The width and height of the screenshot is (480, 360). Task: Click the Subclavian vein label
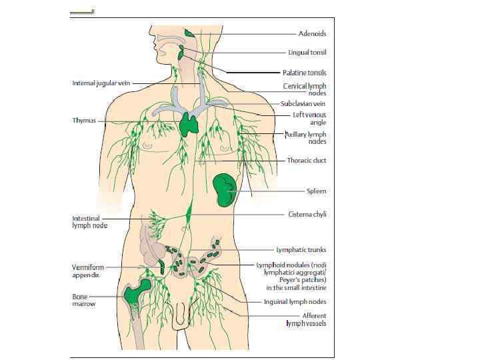click(x=303, y=103)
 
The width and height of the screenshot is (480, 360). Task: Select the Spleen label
click(x=316, y=191)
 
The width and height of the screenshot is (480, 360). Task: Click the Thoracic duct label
click(x=306, y=161)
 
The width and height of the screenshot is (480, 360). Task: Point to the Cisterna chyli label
click(x=307, y=215)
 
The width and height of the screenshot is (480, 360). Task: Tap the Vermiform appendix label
click(x=87, y=271)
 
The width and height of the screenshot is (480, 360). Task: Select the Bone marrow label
click(x=84, y=300)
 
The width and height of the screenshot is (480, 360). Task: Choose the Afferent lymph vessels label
click(x=305, y=320)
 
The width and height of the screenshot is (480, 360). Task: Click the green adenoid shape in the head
click(x=190, y=33)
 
